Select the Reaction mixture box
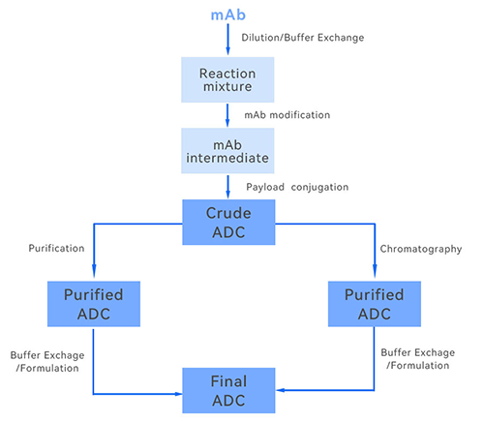pyautogui.click(x=228, y=79)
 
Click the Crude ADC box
pyautogui.click(x=228, y=223)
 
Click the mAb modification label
pyautogui.click(x=287, y=114)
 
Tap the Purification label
pyautogui.click(x=56, y=249)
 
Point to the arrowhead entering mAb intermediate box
pyautogui.click(x=228, y=122)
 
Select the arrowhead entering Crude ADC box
pyautogui.click(x=228, y=194)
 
